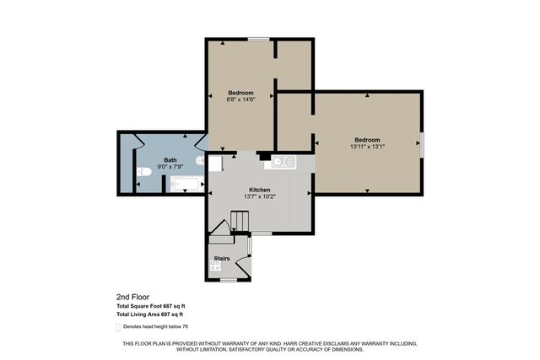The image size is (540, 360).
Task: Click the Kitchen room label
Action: tap(260, 190)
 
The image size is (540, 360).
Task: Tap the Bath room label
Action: tap(170, 160)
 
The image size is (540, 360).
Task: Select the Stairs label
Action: tap(222, 258)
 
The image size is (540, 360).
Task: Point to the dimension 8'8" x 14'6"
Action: tap(240, 99)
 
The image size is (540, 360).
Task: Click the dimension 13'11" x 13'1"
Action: tap(368, 146)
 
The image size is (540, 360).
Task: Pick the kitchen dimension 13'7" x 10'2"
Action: tap(260, 197)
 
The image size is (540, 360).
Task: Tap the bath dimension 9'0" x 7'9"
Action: tap(170, 167)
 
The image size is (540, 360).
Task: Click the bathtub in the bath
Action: tap(186, 184)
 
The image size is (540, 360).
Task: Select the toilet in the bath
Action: tap(144, 171)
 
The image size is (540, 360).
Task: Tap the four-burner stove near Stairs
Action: tap(216, 266)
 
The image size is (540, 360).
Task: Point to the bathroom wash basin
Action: tap(200, 160)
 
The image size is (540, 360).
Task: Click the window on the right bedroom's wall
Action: tap(422, 144)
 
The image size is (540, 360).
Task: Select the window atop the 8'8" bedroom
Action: tap(259, 39)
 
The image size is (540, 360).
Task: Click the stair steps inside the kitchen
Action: tap(240, 221)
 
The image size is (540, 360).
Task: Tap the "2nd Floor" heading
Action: tap(133, 297)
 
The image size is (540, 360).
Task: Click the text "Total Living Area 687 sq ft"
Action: tap(150, 314)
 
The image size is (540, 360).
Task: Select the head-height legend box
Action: tap(118, 327)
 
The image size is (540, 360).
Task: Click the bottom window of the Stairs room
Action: tap(229, 280)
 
